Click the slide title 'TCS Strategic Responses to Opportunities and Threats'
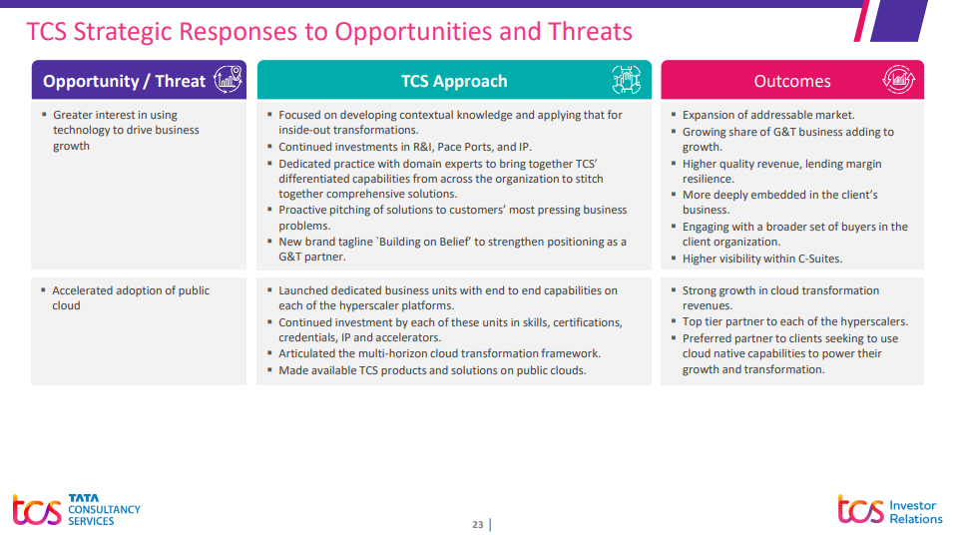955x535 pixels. coord(329,32)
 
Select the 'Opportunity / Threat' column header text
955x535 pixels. coord(125,81)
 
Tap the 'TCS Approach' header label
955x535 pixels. coord(454,81)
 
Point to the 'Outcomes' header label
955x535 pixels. coord(791,81)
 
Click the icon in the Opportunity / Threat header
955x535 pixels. coord(228,79)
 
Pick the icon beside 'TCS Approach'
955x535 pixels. coord(626,80)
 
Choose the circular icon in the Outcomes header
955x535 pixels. coord(898,79)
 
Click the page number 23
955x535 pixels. coord(477,524)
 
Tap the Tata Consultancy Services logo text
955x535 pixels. coord(104,509)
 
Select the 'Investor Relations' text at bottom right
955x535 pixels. coord(915,512)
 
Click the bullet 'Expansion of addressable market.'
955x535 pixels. coord(768,115)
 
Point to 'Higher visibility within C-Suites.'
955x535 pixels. coord(762,259)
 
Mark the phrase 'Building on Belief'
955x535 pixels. coord(424,242)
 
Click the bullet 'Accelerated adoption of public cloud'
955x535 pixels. coord(131,298)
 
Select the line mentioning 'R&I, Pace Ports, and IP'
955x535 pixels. coord(405,147)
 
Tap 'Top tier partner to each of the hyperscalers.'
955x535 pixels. coord(794,321)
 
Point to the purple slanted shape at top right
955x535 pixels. coord(899,21)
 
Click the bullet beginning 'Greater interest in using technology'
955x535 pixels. coord(126,131)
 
